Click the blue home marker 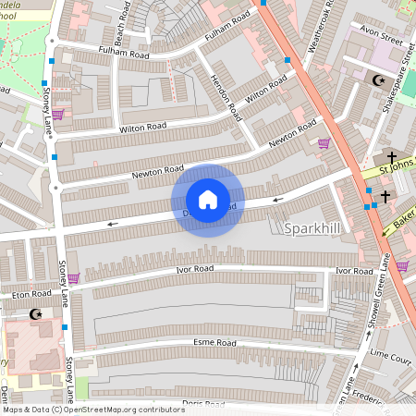tap(208, 200)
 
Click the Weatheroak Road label tap(312, 27)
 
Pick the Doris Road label tap(203, 404)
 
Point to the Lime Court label tap(390, 353)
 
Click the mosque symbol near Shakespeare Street tap(377, 80)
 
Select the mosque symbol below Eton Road tap(38, 315)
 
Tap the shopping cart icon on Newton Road tap(324, 143)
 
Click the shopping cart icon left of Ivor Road tap(73, 277)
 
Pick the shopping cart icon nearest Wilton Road tap(58, 115)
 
